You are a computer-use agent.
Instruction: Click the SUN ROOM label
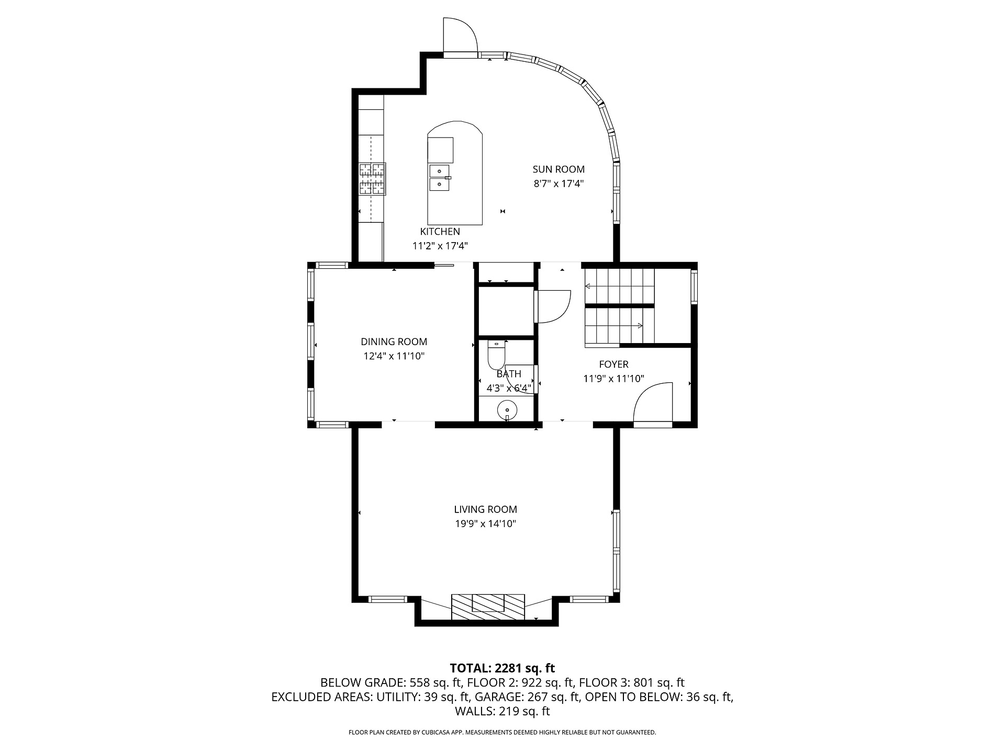[559, 169]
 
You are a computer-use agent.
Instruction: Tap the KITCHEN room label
[440, 232]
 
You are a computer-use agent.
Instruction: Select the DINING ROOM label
[394, 342]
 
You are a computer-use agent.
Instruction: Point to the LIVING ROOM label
[485, 509]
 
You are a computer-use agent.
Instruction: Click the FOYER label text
[613, 364]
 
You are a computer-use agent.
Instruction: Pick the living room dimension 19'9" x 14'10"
[485, 524]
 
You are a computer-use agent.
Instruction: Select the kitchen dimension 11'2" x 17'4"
[440, 246]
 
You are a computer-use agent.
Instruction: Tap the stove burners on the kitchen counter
[372, 179]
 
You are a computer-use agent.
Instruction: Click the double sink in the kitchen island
[440, 178]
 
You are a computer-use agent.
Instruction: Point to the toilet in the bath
[496, 355]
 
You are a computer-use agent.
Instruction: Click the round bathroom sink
[507, 410]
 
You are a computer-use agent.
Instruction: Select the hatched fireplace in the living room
[488, 607]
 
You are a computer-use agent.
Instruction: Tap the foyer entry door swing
[652, 402]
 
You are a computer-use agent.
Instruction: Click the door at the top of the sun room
[460, 36]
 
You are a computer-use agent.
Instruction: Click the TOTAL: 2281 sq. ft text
[502, 668]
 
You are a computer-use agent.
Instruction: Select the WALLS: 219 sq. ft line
[502, 711]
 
